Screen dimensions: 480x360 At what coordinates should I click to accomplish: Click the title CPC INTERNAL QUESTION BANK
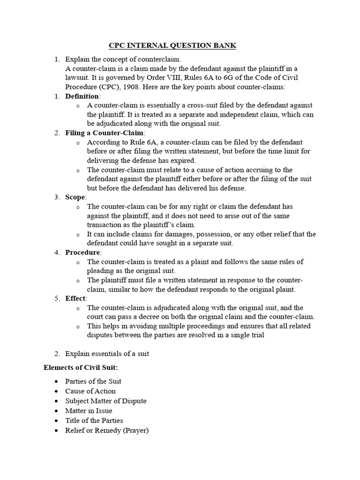pyautogui.click(x=172, y=45)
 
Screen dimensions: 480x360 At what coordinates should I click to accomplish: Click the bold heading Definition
pyautogui.click(x=82, y=96)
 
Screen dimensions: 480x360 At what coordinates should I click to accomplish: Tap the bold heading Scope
pyautogui.click(x=75, y=197)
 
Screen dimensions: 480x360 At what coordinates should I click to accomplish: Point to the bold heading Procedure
pyautogui.click(x=83, y=253)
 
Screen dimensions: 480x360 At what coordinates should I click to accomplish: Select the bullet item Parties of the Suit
pyautogui.click(x=93, y=381)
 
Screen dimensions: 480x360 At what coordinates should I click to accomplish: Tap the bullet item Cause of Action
pyautogui.click(x=90, y=391)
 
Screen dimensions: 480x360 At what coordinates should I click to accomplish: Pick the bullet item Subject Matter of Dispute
pyautogui.click(x=106, y=401)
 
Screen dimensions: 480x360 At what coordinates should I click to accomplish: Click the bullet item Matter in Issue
pyautogui.click(x=89, y=411)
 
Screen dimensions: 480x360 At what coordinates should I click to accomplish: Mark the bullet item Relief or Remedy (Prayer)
pyautogui.click(x=107, y=430)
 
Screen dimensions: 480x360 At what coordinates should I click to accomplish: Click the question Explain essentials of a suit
pyautogui.click(x=107, y=353)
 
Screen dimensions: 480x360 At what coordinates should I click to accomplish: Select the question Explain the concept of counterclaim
pyautogui.click(x=123, y=60)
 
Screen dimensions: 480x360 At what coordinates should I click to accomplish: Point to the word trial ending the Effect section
pyautogui.click(x=255, y=335)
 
